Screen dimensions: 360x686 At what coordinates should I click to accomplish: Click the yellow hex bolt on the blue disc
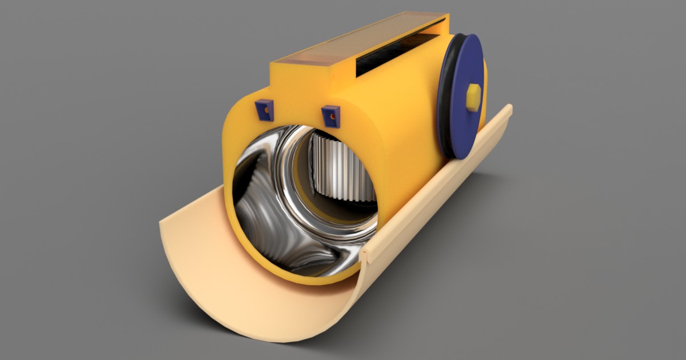pyautogui.click(x=473, y=97)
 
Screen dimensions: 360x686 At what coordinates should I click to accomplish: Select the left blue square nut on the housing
pyautogui.click(x=264, y=109)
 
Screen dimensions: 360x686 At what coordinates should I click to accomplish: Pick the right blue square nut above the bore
pyautogui.click(x=330, y=115)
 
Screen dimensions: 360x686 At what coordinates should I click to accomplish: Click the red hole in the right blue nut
pyautogui.click(x=330, y=116)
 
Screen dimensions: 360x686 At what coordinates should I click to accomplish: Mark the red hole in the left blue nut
pyautogui.click(x=264, y=109)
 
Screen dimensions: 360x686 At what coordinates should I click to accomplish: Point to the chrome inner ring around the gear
pyautogui.click(x=297, y=189)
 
